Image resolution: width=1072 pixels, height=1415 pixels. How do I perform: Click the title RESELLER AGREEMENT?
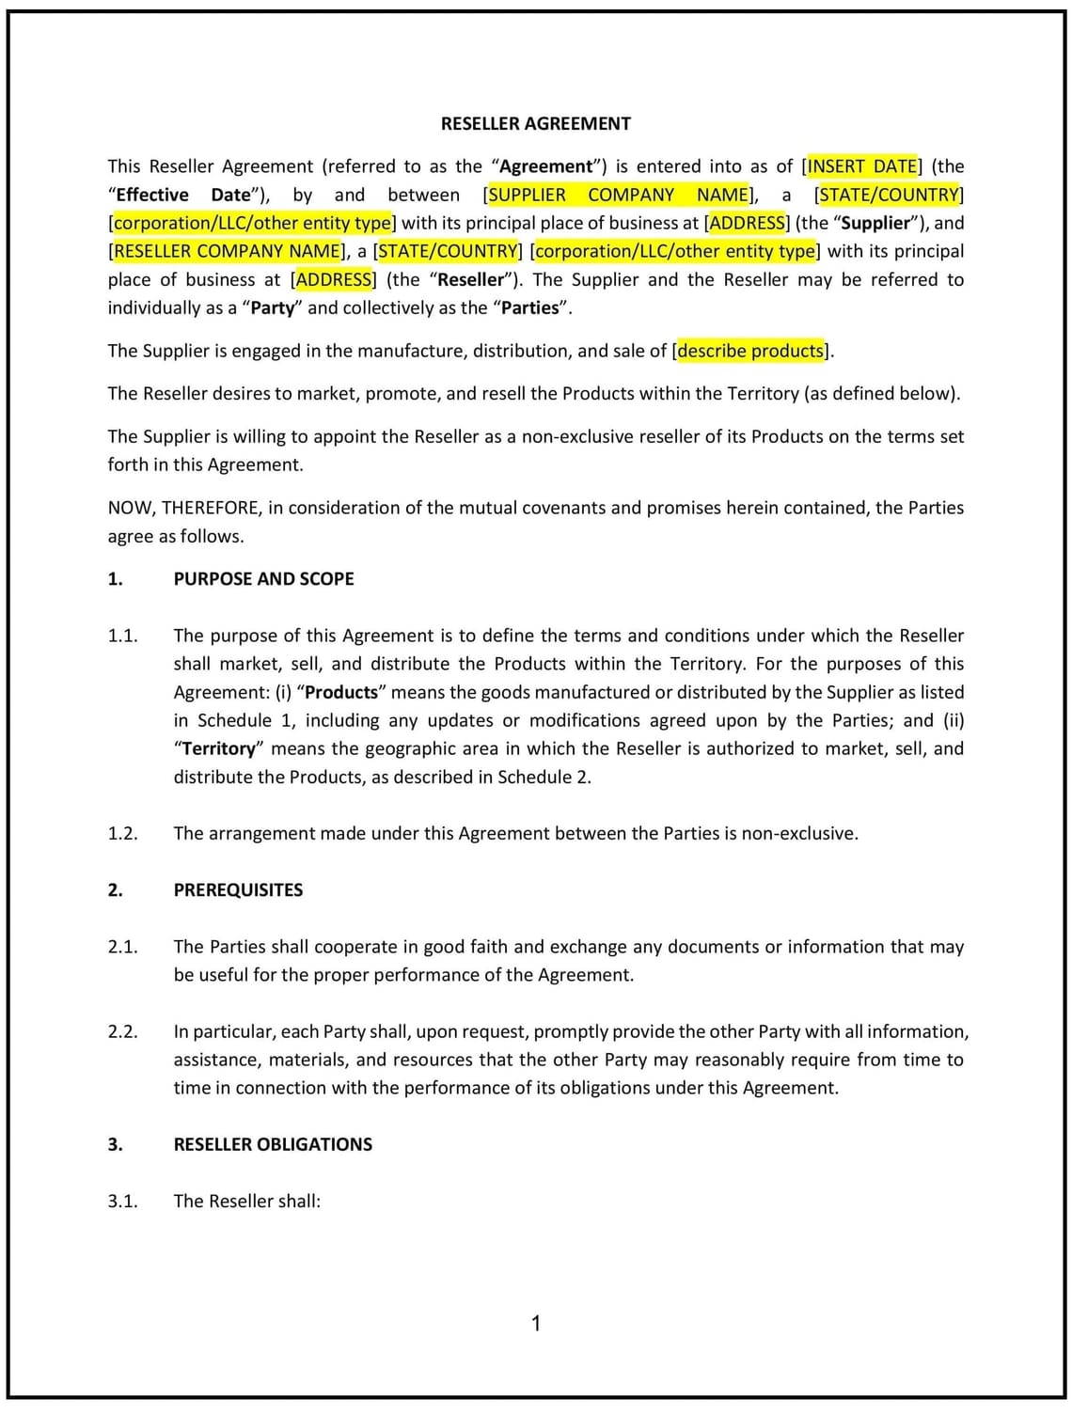(x=535, y=123)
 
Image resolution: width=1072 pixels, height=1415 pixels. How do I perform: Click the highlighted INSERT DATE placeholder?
(x=862, y=166)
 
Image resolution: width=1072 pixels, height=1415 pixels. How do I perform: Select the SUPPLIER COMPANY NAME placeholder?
(x=619, y=195)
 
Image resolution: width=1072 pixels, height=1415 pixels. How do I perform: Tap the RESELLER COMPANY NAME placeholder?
(x=227, y=251)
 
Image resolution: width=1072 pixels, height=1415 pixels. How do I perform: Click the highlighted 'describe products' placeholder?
(x=750, y=351)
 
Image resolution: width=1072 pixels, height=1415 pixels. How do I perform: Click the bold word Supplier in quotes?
(x=875, y=223)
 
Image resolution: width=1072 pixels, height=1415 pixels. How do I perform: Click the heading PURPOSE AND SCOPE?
(x=263, y=579)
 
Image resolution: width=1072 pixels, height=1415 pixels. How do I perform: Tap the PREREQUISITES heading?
(x=238, y=890)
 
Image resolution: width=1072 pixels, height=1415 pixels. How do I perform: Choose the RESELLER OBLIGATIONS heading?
(x=273, y=1144)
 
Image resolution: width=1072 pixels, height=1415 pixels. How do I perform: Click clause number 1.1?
(x=122, y=636)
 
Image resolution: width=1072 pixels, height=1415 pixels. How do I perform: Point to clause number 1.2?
(x=122, y=833)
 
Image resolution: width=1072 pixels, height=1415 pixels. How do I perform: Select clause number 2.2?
(x=122, y=1031)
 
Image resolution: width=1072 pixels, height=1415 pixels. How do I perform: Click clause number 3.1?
(x=122, y=1201)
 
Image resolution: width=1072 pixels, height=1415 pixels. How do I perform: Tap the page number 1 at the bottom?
(x=536, y=1324)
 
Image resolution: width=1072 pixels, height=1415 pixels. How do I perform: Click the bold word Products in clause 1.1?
(x=340, y=692)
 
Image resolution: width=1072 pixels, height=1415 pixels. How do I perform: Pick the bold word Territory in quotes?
(x=218, y=748)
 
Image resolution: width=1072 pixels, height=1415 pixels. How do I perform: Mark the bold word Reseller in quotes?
(x=471, y=279)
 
